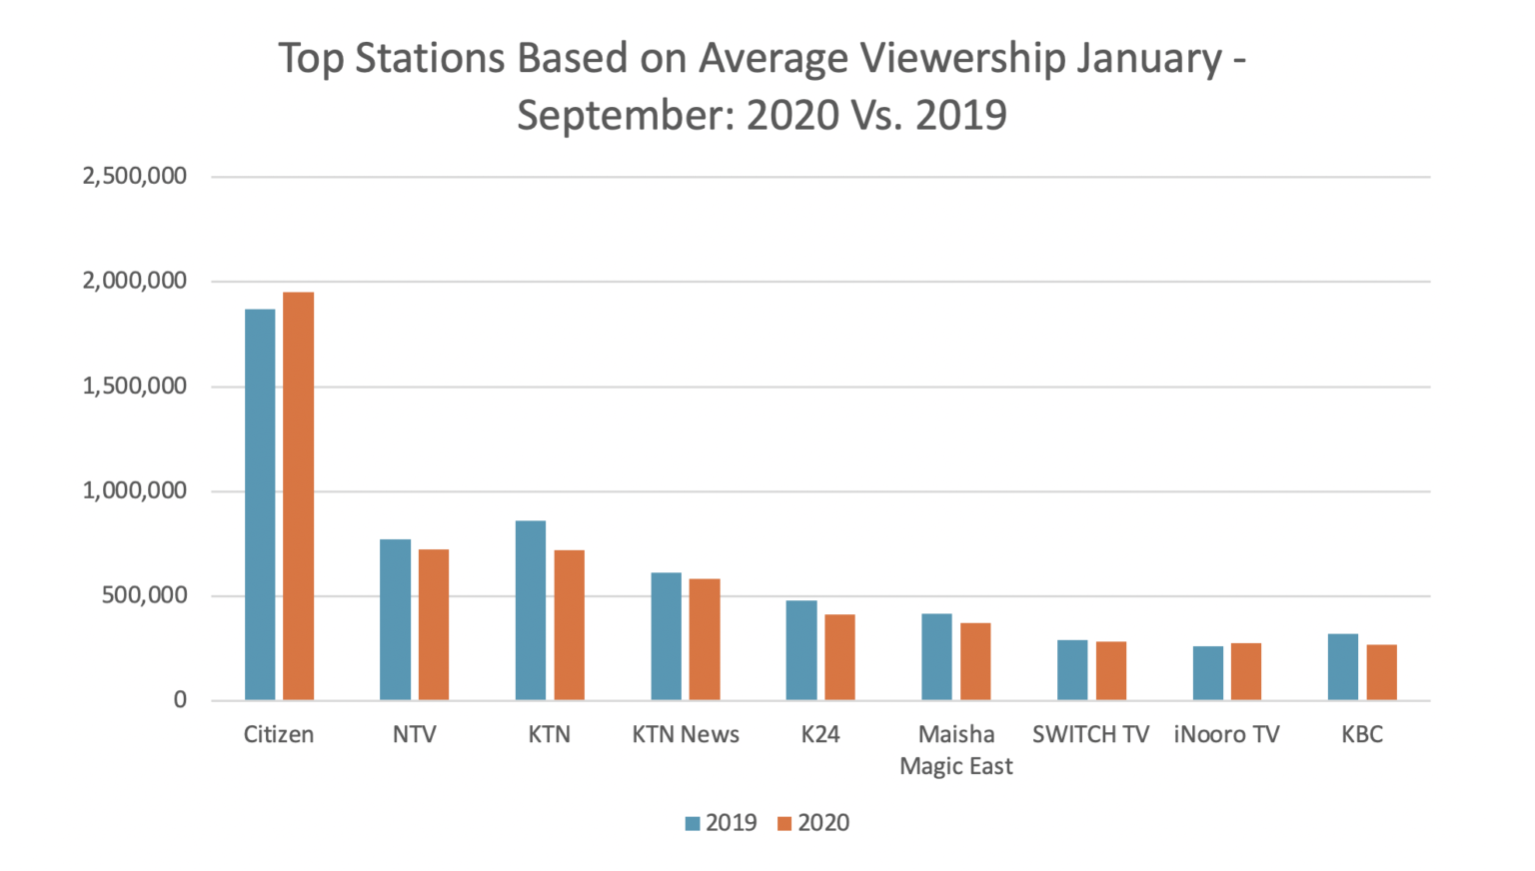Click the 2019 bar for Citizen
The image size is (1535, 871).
pyautogui.click(x=260, y=504)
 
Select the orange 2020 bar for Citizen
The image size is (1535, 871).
pyautogui.click(x=299, y=496)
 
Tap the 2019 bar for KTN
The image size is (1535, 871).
pyautogui.click(x=531, y=610)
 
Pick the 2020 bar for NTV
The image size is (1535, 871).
pyautogui.click(x=434, y=624)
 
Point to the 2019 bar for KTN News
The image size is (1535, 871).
pyautogui.click(x=666, y=636)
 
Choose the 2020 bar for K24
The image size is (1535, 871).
pyautogui.click(x=839, y=657)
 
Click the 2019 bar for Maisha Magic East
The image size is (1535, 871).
pyautogui.click(x=936, y=656)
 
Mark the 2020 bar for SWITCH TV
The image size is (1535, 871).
pyautogui.click(x=1111, y=670)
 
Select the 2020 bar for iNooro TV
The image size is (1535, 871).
pyautogui.click(x=1246, y=671)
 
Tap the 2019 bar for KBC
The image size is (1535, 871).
pyautogui.click(x=1343, y=667)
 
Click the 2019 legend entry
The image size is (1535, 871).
pyautogui.click(x=722, y=823)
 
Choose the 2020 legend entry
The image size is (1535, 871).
pyautogui.click(x=813, y=823)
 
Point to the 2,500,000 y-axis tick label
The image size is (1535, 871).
pyautogui.click(x=135, y=177)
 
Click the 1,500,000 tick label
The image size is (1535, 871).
pyautogui.click(x=135, y=387)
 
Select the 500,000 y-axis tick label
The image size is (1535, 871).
pyautogui.click(x=144, y=596)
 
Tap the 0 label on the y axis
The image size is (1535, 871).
pyautogui.click(x=180, y=700)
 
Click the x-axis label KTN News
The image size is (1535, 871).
pyautogui.click(x=686, y=735)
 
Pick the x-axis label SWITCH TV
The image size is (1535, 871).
pyautogui.click(x=1090, y=735)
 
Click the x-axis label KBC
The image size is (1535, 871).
pyautogui.click(x=1362, y=735)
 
